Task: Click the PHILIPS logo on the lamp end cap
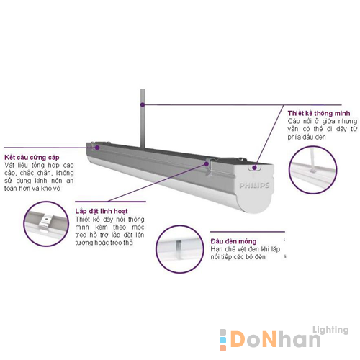pyautogui.click(x=254, y=186)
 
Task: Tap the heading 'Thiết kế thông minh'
pyautogui.click(x=319, y=113)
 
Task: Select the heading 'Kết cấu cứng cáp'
pyautogui.click(x=32, y=158)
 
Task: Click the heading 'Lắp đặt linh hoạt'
pyautogui.click(x=102, y=211)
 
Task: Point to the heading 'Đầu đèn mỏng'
pyautogui.click(x=233, y=241)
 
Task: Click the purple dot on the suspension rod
pyautogui.click(x=143, y=104)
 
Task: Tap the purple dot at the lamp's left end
pyautogui.click(x=97, y=148)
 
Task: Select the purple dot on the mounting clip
pyautogui.click(x=207, y=163)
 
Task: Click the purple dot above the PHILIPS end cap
pyautogui.click(x=254, y=168)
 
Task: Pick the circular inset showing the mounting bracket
pyautogui.click(x=46, y=224)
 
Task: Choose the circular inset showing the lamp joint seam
pyautogui.click(x=179, y=249)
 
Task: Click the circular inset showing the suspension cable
pyautogui.click(x=312, y=170)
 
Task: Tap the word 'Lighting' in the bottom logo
pyautogui.click(x=330, y=330)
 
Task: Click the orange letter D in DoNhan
pyautogui.click(x=238, y=339)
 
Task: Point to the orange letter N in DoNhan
pyautogui.click(x=271, y=339)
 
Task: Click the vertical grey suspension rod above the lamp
pyautogui.click(x=143, y=118)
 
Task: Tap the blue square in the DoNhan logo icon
pyautogui.click(x=222, y=341)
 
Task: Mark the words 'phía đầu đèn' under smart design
pyautogui.click(x=307, y=138)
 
